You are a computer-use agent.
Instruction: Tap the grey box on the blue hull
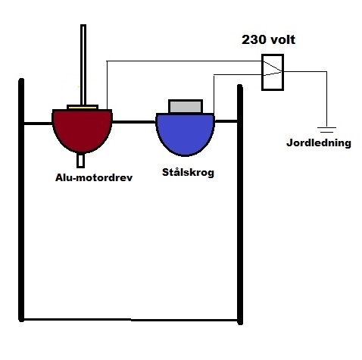click(186, 106)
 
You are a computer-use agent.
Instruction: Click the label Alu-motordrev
click(94, 177)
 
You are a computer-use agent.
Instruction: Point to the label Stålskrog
click(188, 173)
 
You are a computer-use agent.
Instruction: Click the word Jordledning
click(319, 143)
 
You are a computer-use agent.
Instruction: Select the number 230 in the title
click(254, 40)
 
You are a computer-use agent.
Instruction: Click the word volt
click(282, 40)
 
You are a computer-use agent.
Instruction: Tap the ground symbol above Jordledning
click(326, 130)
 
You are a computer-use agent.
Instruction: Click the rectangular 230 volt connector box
click(273, 72)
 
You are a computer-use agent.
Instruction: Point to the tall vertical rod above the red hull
click(83, 64)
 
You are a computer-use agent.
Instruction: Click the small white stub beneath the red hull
click(80, 161)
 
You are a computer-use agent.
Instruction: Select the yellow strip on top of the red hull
click(83, 108)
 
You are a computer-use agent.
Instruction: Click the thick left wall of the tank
click(21, 200)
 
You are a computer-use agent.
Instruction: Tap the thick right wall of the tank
click(240, 205)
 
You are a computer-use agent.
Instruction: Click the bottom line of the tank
click(131, 320)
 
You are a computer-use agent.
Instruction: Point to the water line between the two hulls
click(134, 122)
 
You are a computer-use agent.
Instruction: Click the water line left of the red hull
click(38, 124)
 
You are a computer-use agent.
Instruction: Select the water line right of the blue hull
click(226, 121)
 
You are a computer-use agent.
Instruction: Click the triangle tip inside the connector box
click(281, 72)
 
